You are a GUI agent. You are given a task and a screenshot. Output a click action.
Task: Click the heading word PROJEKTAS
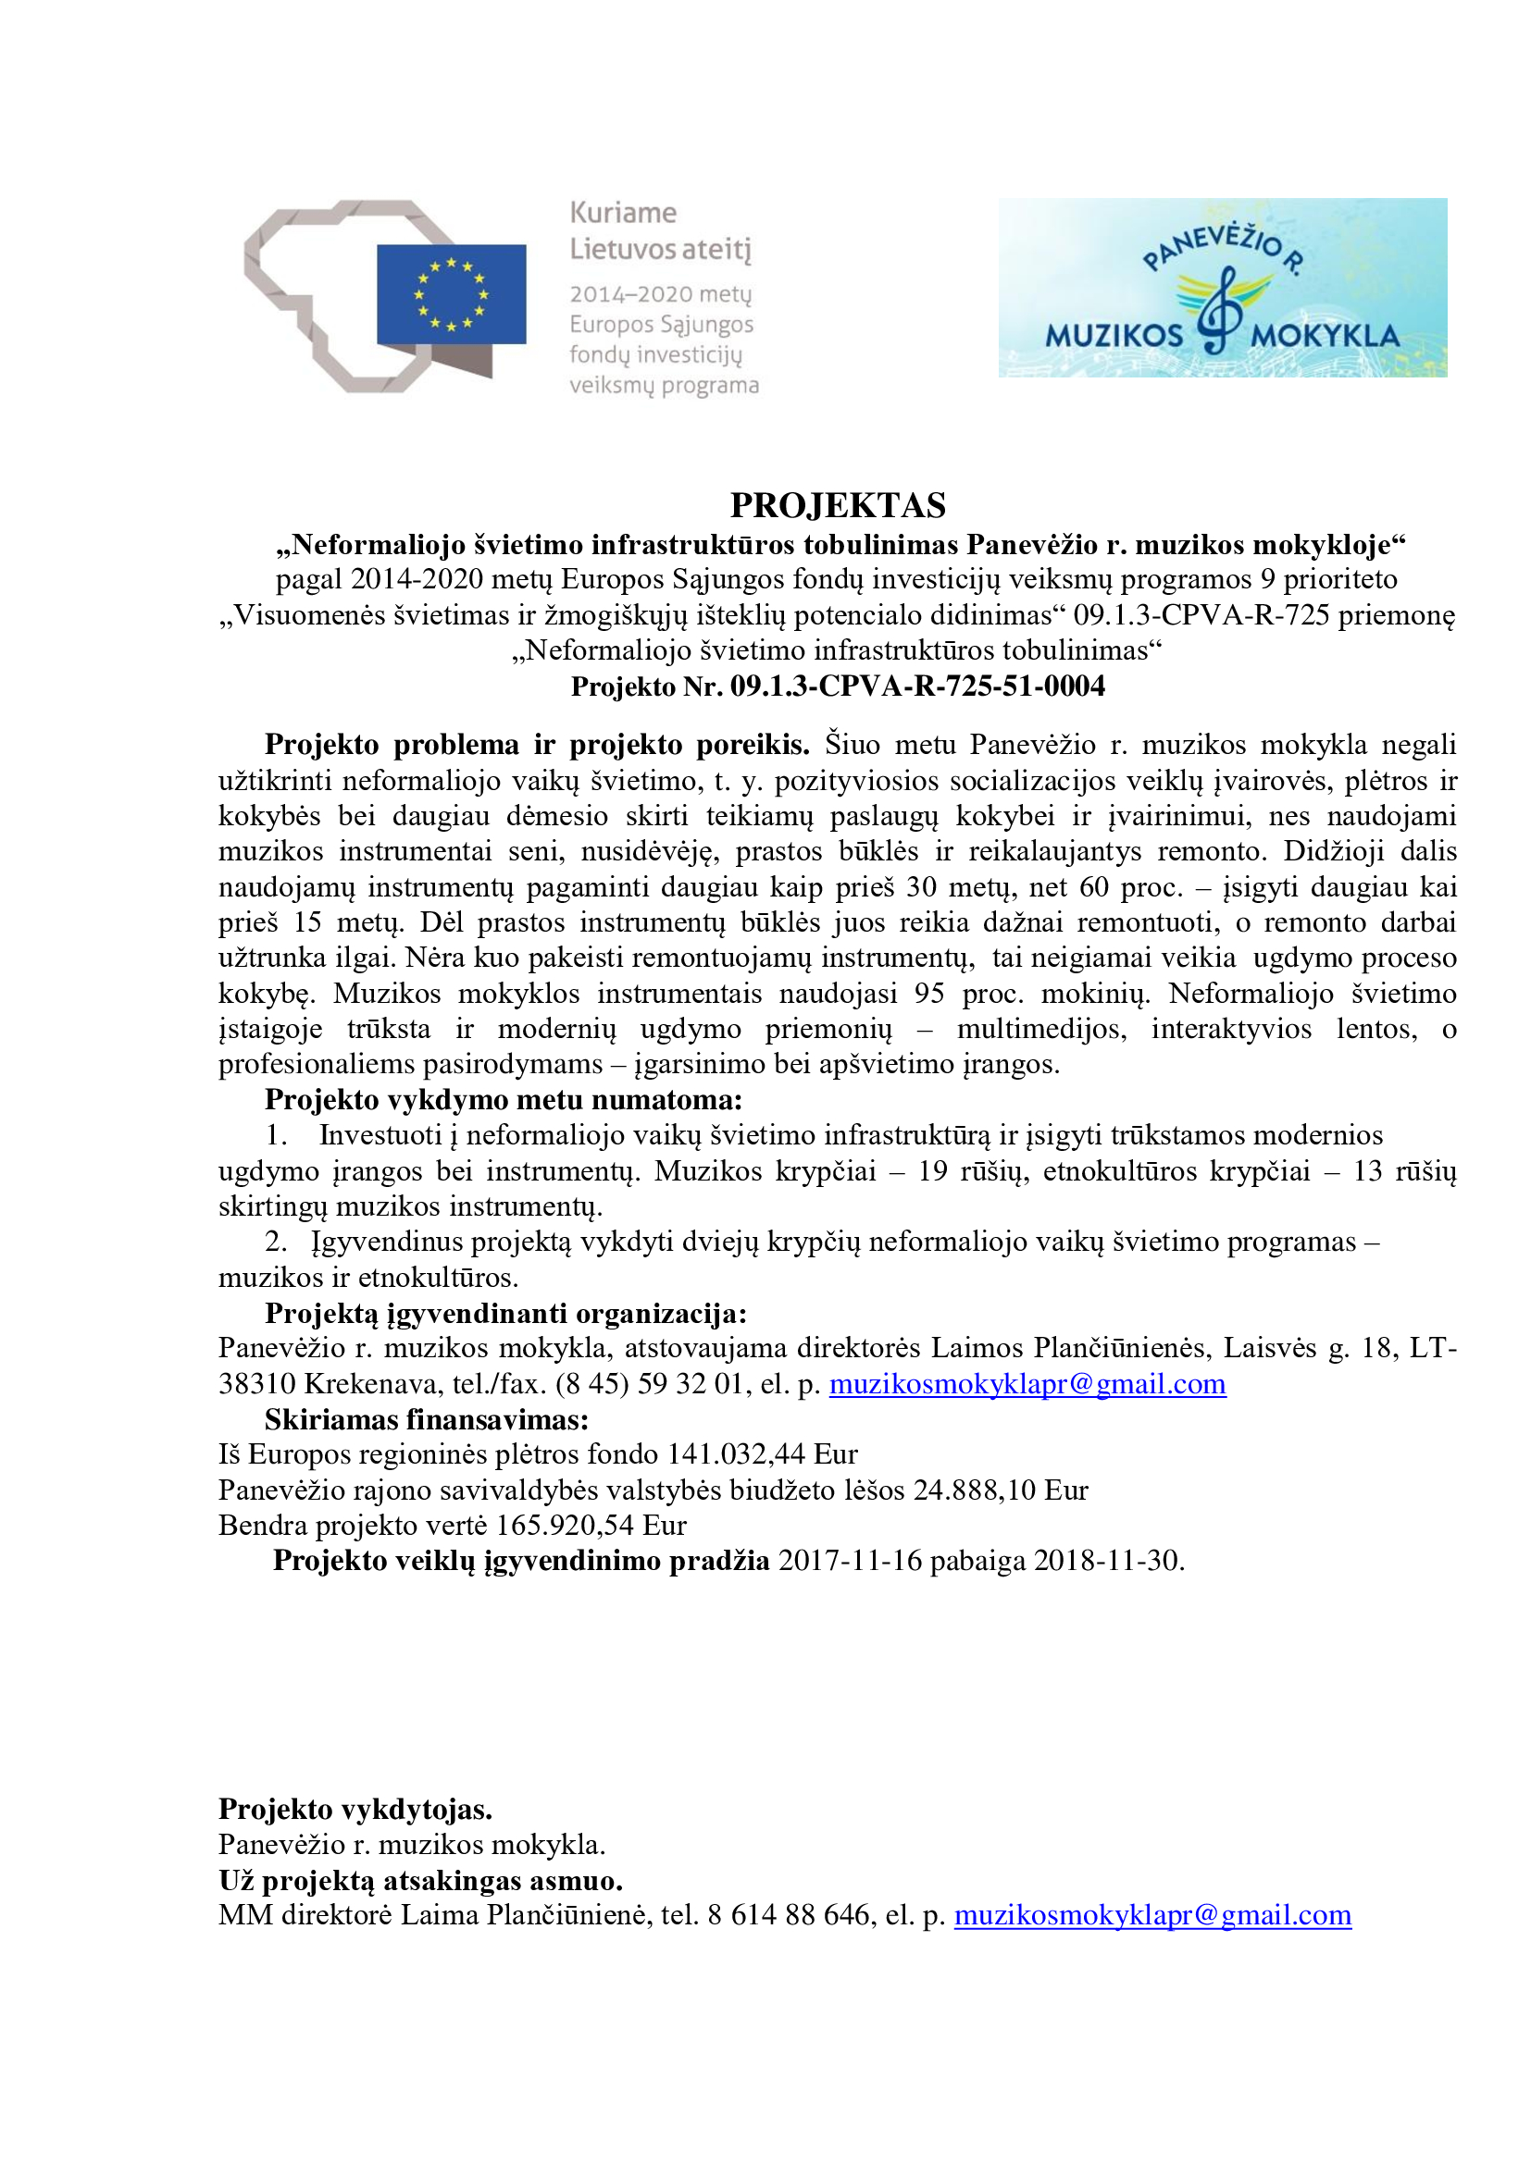click(837, 506)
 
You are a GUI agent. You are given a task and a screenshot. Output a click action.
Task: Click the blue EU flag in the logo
click(451, 294)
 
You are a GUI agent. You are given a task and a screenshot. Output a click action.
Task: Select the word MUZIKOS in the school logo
click(1114, 336)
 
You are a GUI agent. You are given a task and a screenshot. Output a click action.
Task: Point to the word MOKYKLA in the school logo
click(1325, 336)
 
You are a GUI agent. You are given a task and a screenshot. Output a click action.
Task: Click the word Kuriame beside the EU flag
click(623, 213)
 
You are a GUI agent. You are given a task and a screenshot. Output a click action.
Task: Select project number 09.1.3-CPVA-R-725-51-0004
click(917, 686)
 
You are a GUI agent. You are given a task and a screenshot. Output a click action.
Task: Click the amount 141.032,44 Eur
click(762, 1454)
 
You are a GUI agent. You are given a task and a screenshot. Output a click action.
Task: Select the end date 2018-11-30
click(1108, 1561)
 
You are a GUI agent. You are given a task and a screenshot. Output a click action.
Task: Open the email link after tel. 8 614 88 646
click(1152, 1915)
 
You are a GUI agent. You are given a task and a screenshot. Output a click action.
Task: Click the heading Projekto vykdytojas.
click(355, 1810)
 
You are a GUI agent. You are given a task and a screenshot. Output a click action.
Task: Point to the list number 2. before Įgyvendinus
click(275, 1243)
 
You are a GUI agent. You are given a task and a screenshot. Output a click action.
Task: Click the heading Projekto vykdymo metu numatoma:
click(504, 1100)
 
